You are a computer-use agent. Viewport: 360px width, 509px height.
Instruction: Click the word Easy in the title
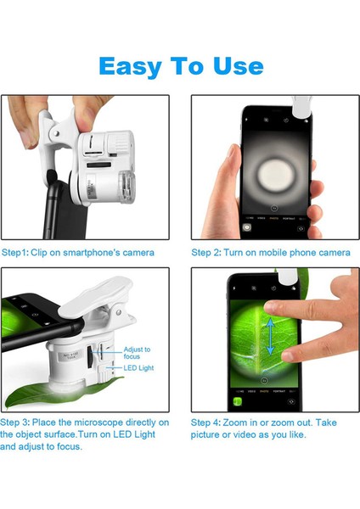point(129,65)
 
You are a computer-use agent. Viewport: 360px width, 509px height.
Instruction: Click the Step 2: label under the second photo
point(209,252)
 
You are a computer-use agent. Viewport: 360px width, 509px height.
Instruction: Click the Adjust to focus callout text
point(136,353)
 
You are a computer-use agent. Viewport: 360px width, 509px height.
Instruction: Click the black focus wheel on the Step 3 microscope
point(100,356)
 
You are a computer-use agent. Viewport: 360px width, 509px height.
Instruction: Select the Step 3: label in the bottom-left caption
point(18,422)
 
